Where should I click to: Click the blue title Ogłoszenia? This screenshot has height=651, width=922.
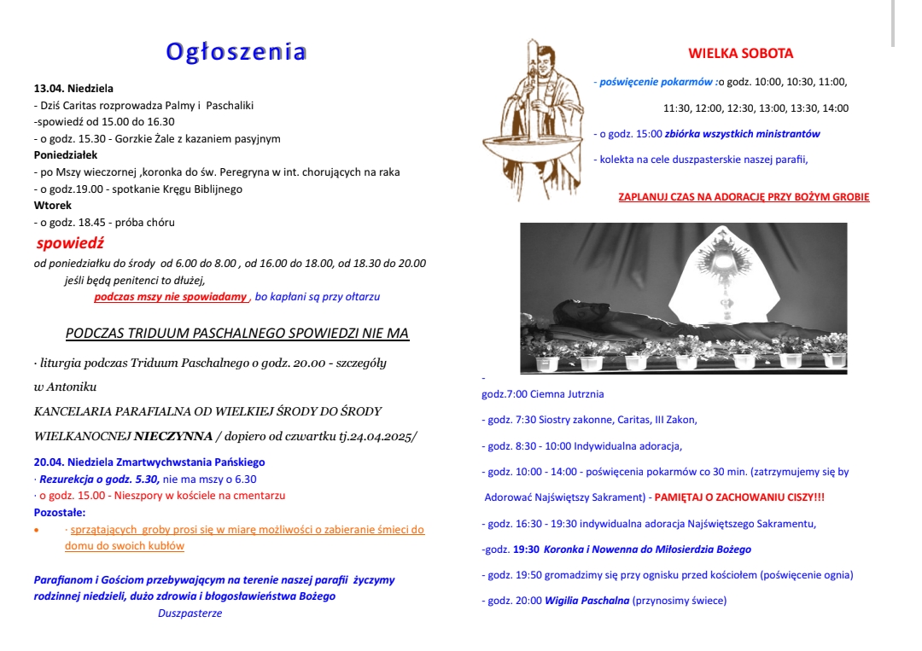[x=236, y=52]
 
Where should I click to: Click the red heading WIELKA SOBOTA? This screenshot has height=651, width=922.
[x=740, y=53]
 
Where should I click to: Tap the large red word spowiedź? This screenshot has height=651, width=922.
[x=70, y=243]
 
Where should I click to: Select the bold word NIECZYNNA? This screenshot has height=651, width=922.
[x=173, y=436]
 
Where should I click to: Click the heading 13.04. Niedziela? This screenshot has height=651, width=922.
[x=73, y=88]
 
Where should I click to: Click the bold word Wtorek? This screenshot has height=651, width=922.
[x=53, y=206]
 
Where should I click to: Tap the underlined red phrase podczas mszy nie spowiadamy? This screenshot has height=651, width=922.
[x=170, y=297]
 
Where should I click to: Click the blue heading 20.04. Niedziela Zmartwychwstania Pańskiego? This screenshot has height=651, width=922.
[x=149, y=462]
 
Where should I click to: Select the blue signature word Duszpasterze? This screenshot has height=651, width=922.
[x=190, y=613]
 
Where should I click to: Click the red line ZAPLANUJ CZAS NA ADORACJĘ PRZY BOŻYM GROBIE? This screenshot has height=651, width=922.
[x=744, y=197]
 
